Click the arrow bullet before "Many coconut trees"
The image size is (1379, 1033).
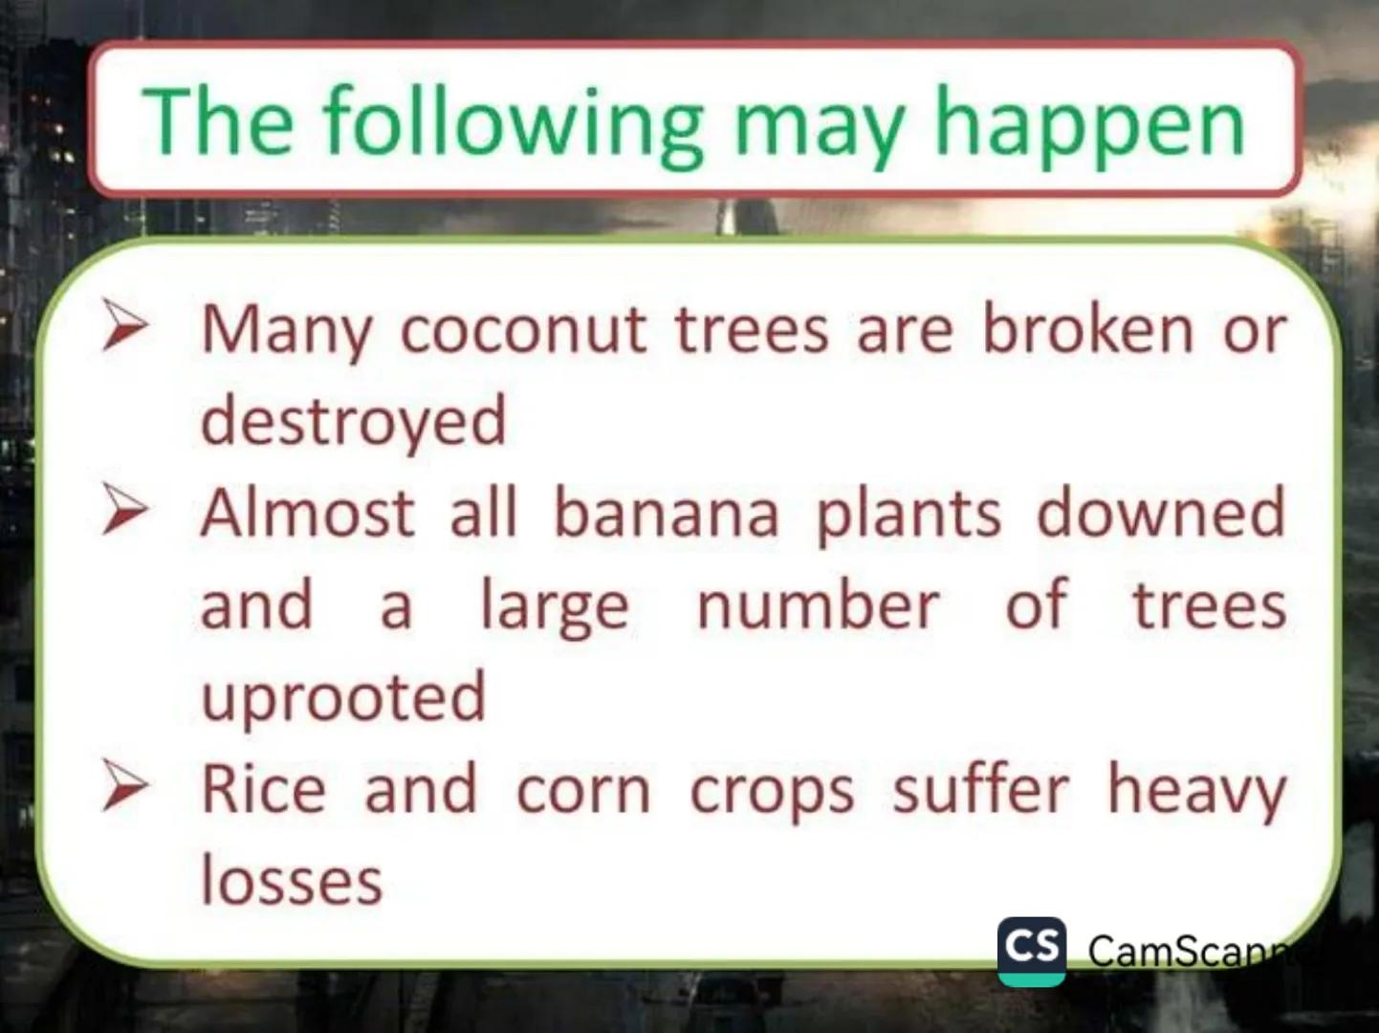(125, 324)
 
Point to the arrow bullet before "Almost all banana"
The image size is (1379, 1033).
(125, 509)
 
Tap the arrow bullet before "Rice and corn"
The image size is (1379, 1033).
(125, 785)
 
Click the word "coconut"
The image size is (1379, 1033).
(523, 331)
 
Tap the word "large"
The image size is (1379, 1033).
(554, 607)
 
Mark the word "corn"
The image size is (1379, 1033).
(583, 792)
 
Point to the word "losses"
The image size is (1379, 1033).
(292, 880)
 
